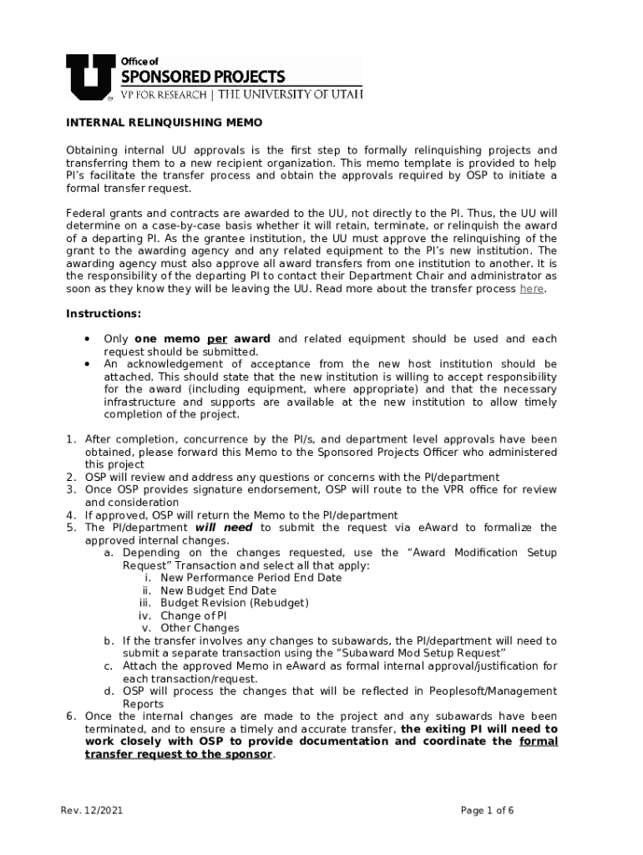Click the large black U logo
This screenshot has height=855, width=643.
tap(86, 76)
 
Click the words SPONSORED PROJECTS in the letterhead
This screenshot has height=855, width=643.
tap(203, 77)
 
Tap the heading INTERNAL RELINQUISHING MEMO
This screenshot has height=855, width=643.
tap(164, 123)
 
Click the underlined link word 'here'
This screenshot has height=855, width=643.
tap(531, 289)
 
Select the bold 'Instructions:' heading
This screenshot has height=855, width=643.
tap(104, 314)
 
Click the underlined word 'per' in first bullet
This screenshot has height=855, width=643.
tap(217, 339)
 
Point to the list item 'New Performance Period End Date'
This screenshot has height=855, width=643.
tap(251, 578)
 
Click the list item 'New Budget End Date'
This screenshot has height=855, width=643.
tap(218, 590)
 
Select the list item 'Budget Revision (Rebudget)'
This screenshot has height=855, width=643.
tap(235, 603)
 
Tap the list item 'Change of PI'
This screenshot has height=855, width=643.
tap(194, 615)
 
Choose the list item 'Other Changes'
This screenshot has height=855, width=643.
tap(200, 628)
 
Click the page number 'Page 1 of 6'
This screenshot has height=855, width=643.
tap(487, 811)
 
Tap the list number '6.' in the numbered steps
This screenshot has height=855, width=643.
tap(71, 716)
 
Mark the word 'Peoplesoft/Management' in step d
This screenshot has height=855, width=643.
tap(493, 691)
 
